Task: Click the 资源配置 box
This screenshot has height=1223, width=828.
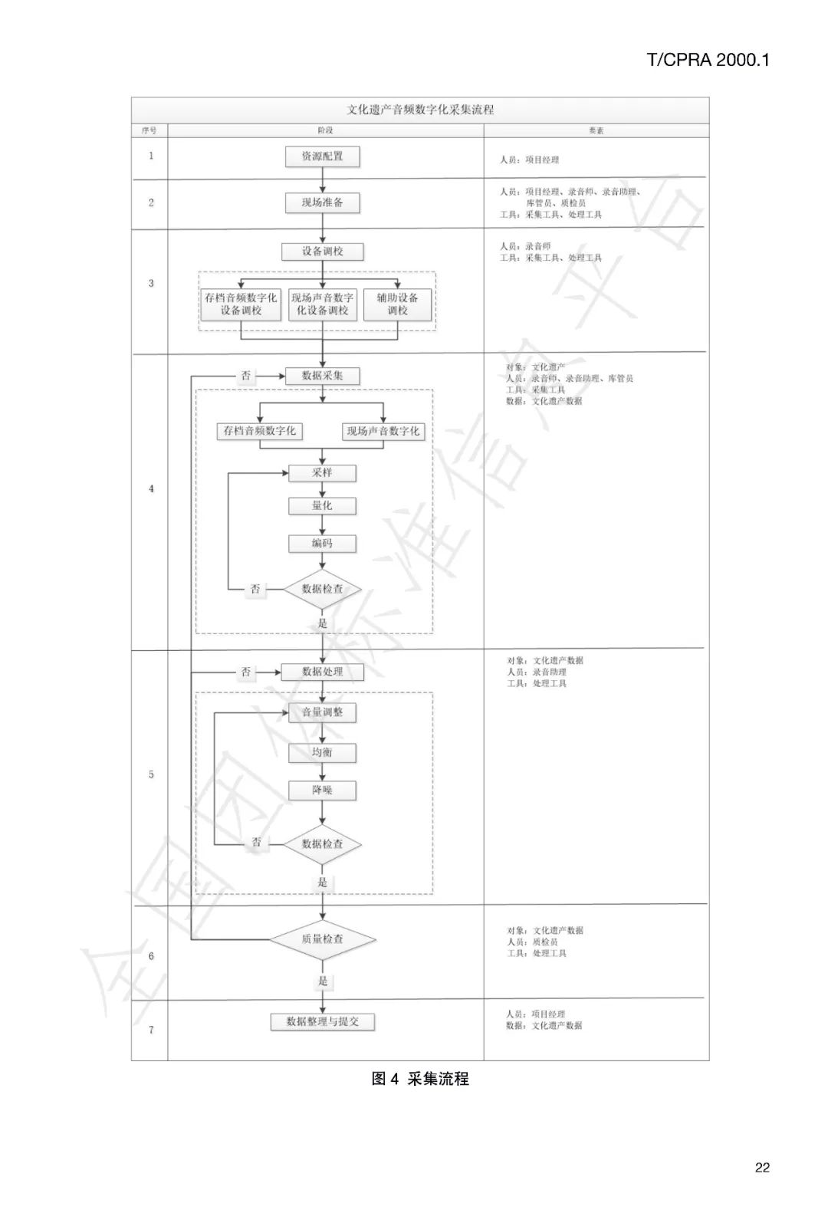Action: click(x=322, y=156)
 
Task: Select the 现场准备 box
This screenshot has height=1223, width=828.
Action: click(x=322, y=203)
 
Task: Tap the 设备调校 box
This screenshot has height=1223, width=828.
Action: click(x=322, y=252)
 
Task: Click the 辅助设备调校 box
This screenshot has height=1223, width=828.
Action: click(x=397, y=304)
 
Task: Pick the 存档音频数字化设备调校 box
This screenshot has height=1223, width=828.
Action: click(x=241, y=304)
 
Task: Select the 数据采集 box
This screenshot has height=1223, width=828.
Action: click(x=322, y=376)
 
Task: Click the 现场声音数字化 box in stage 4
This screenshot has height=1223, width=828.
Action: click(x=383, y=431)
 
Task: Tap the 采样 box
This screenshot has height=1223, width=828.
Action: click(x=322, y=472)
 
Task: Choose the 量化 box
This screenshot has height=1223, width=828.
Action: click(x=322, y=505)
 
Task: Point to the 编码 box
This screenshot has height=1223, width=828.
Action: click(x=322, y=543)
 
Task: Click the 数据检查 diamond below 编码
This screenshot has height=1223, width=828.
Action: click(x=322, y=589)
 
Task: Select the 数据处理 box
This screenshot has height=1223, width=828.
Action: click(x=322, y=672)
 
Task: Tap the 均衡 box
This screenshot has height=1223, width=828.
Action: click(x=322, y=752)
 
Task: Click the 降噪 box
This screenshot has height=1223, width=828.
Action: click(x=322, y=790)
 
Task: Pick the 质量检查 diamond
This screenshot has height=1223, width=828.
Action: click(x=322, y=939)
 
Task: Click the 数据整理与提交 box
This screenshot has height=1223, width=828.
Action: click(x=322, y=1021)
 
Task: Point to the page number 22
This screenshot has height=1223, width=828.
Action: click(x=761, y=1168)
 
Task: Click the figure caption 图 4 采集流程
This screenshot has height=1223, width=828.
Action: click(x=420, y=1079)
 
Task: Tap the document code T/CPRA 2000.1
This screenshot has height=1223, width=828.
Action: click(x=708, y=61)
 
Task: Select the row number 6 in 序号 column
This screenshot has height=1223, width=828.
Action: click(x=151, y=956)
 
